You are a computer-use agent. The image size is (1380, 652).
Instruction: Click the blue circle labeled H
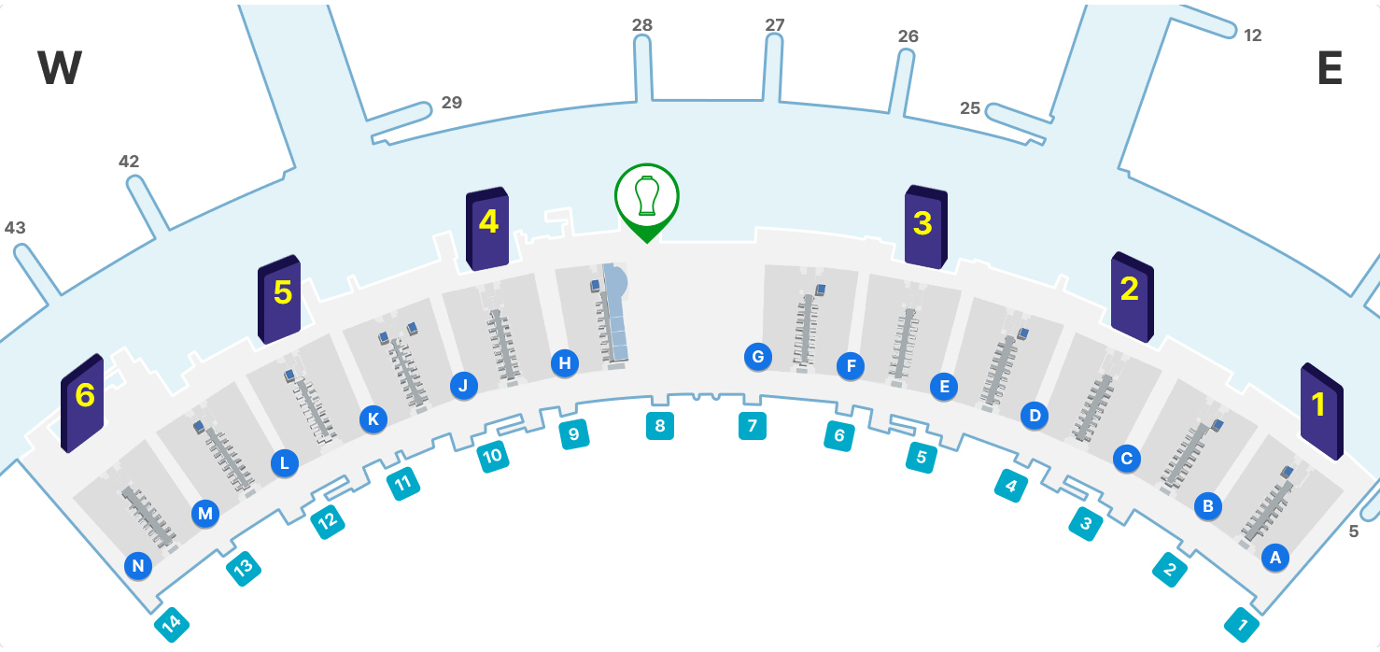click(x=565, y=363)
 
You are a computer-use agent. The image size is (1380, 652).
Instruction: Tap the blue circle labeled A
click(x=1274, y=558)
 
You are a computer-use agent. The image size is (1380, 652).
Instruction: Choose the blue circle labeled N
click(x=138, y=565)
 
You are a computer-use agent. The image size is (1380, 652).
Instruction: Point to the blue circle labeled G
click(x=758, y=356)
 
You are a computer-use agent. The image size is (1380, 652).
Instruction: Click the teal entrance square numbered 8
click(x=660, y=426)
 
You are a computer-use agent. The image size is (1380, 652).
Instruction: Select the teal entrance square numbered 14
click(x=172, y=624)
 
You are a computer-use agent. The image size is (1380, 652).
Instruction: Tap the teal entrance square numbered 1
click(x=1242, y=624)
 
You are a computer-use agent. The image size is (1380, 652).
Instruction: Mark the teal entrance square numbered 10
click(x=492, y=456)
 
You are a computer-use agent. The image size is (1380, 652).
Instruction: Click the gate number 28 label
click(x=642, y=25)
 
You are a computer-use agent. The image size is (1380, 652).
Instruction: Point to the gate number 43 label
click(x=15, y=228)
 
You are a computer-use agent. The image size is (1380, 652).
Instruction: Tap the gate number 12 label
click(x=1253, y=35)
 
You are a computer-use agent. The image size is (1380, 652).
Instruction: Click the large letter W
click(x=60, y=69)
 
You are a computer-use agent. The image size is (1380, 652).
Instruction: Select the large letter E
click(x=1330, y=69)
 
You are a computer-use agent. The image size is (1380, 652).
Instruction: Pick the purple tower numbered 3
click(x=925, y=227)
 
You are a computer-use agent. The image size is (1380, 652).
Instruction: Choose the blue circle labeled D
click(x=1034, y=415)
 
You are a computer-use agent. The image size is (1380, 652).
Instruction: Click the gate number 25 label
click(x=970, y=108)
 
